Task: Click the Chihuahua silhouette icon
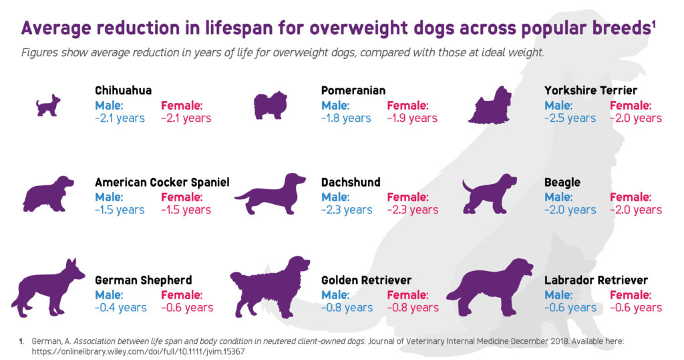click(47, 106)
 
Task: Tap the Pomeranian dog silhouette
click(271, 106)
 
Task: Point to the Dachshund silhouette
click(270, 195)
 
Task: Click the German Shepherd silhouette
click(47, 288)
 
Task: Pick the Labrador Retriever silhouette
click(491, 288)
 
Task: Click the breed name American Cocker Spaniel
click(162, 182)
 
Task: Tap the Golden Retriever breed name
click(366, 280)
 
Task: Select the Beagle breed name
click(562, 182)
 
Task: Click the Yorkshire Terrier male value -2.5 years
click(570, 118)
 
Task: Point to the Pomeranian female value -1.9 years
click(412, 118)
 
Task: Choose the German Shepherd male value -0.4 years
click(120, 307)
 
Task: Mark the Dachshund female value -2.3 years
click(413, 209)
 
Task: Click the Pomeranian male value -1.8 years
click(346, 118)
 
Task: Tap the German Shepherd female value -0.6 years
click(187, 307)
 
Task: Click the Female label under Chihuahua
click(182, 105)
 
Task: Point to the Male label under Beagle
click(558, 197)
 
